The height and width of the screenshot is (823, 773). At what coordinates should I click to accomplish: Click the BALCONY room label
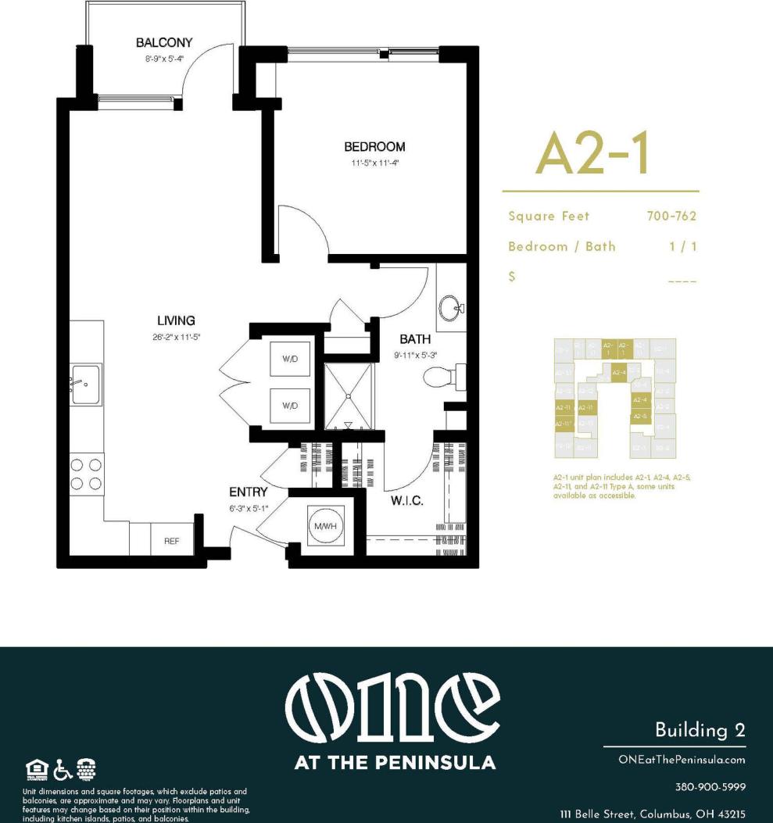click(x=163, y=42)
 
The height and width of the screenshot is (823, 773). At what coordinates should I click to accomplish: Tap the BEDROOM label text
click(x=375, y=147)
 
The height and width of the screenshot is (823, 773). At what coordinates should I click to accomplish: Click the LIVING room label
click(x=176, y=320)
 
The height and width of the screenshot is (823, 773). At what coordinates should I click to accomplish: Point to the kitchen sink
click(x=86, y=385)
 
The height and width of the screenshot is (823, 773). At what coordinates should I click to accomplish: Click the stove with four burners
click(x=86, y=474)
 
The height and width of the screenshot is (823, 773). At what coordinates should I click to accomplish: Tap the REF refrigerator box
click(x=172, y=540)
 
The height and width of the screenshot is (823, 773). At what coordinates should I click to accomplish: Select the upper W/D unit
click(x=290, y=360)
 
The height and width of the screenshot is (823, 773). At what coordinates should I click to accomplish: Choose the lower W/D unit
click(x=290, y=406)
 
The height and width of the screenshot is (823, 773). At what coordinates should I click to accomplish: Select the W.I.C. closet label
click(x=406, y=501)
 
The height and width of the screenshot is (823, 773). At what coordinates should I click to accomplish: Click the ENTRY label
click(x=248, y=492)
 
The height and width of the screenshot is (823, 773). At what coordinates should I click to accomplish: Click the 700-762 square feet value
click(x=671, y=216)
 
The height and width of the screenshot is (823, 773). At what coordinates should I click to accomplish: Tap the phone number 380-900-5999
click(x=710, y=786)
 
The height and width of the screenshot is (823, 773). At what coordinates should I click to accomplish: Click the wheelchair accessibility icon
click(x=63, y=769)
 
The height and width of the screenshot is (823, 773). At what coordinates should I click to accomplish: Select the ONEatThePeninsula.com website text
click(x=682, y=759)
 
